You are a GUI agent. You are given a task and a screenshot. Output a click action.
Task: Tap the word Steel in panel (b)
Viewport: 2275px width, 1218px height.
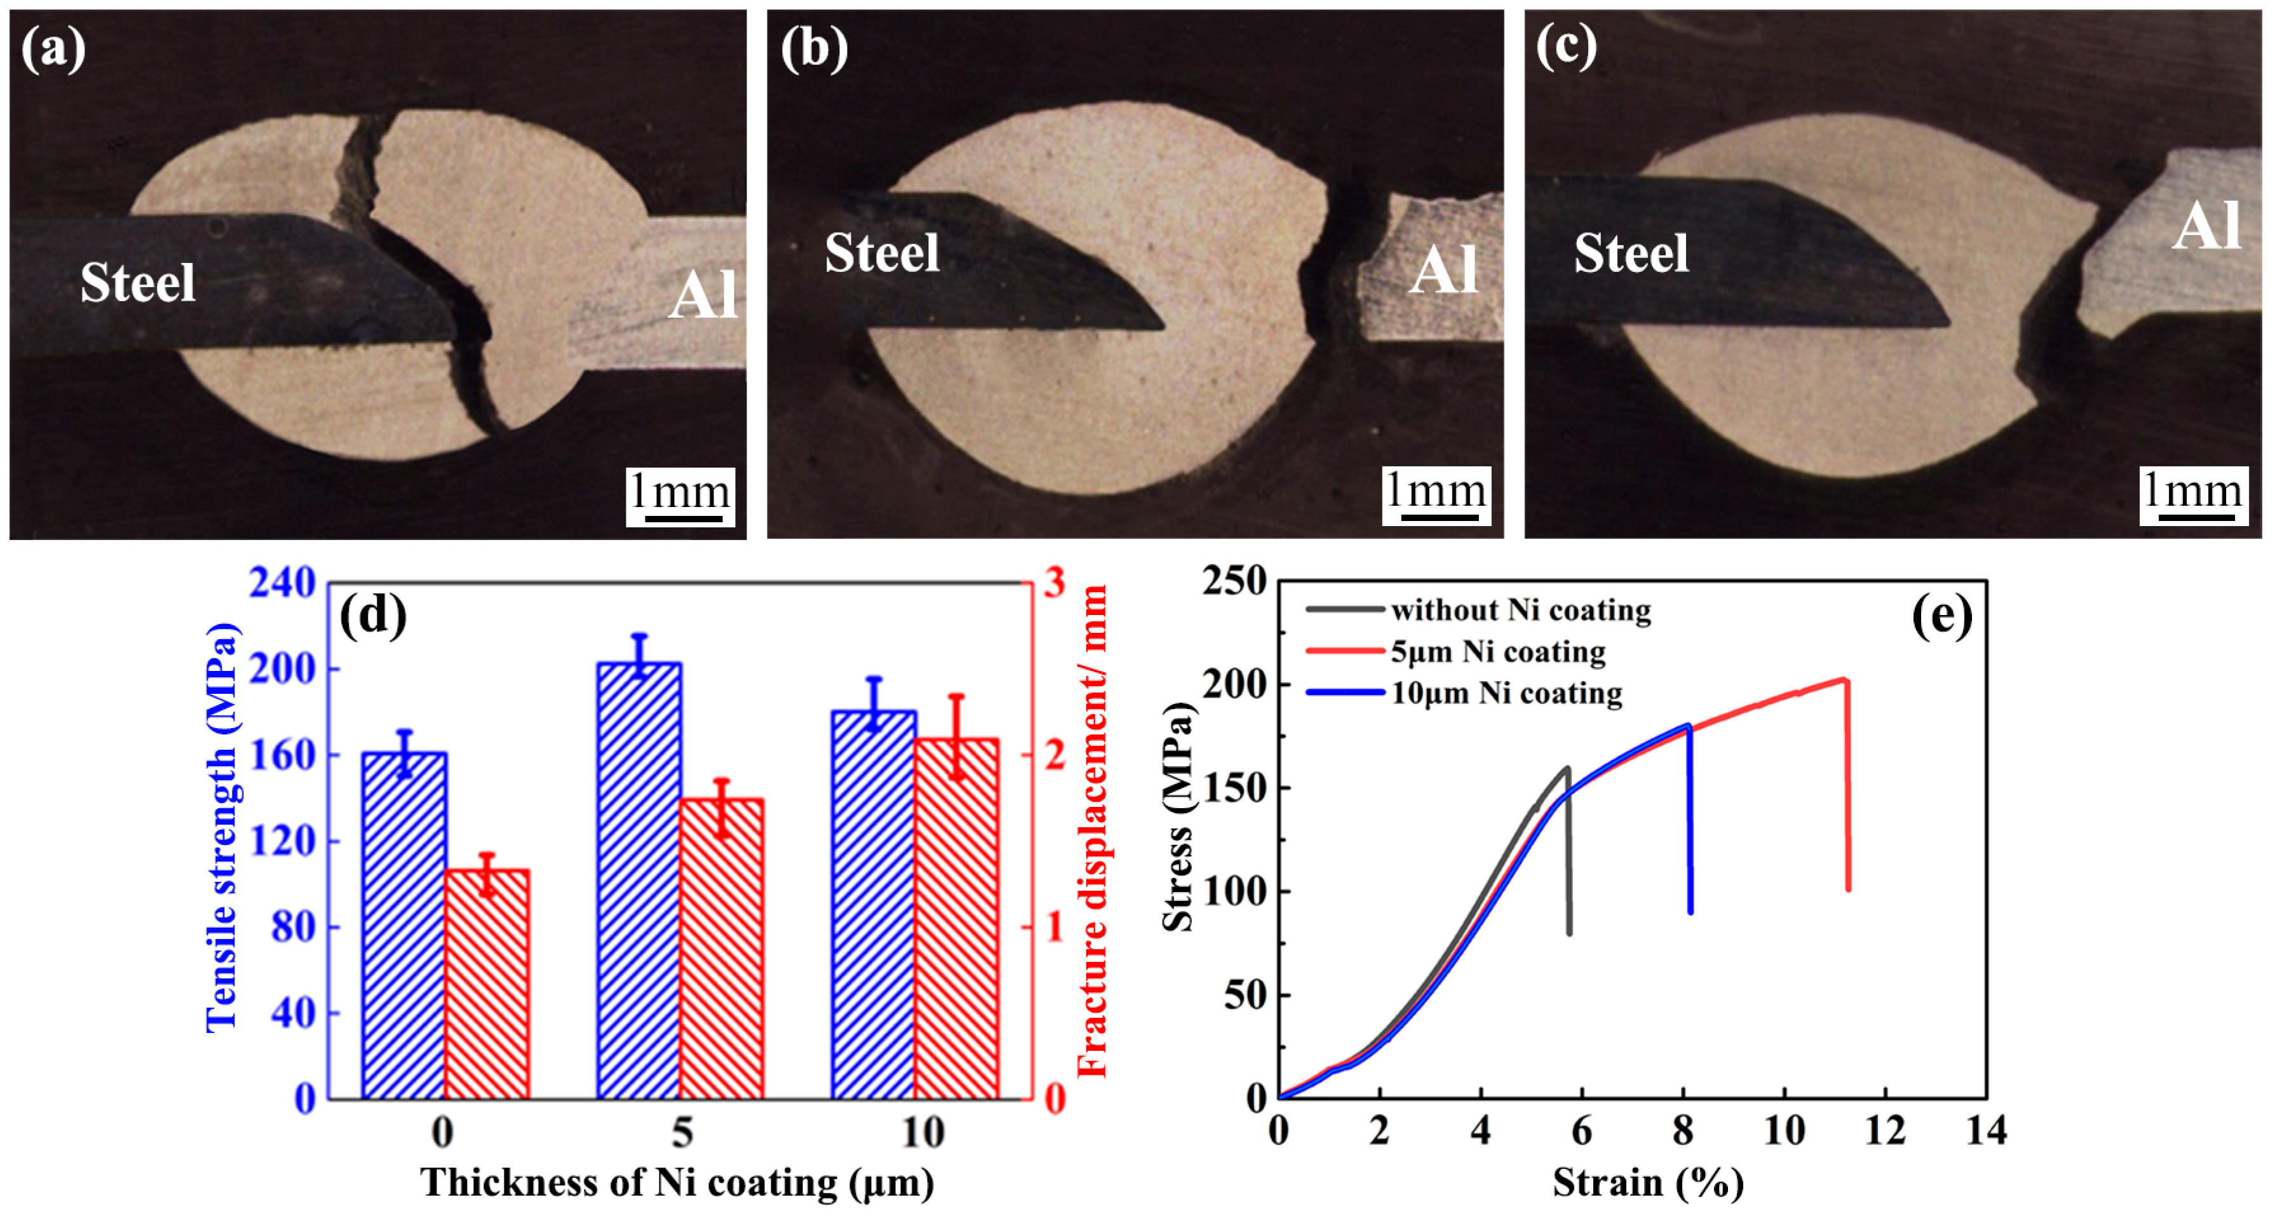click(x=881, y=254)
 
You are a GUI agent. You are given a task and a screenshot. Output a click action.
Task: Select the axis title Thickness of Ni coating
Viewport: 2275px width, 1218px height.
click(x=677, y=1182)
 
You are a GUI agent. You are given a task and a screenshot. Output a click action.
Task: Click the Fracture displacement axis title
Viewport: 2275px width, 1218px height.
click(x=1093, y=830)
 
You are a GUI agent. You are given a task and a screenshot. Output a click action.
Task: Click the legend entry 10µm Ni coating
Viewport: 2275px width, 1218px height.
click(x=1506, y=693)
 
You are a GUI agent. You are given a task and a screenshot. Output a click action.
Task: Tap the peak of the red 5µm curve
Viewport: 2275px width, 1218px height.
click(x=1845, y=679)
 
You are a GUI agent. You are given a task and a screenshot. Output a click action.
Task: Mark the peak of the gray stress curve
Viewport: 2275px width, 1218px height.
click(x=1567, y=768)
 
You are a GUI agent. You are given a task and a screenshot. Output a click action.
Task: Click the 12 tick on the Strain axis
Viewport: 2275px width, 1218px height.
click(x=1885, y=1130)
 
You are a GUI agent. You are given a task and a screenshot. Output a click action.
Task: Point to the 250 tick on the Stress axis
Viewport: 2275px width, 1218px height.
click(x=1234, y=581)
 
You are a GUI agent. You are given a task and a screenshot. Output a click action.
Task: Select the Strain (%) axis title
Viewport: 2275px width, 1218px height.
click(x=1648, y=1182)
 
